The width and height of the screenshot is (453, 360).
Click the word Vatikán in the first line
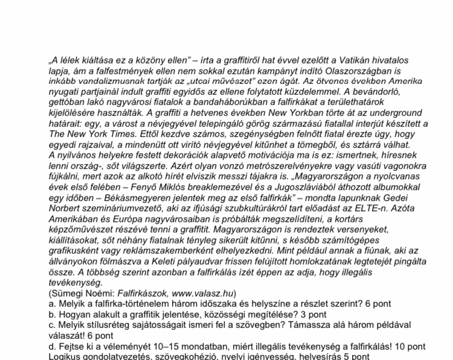click(x=355, y=60)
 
